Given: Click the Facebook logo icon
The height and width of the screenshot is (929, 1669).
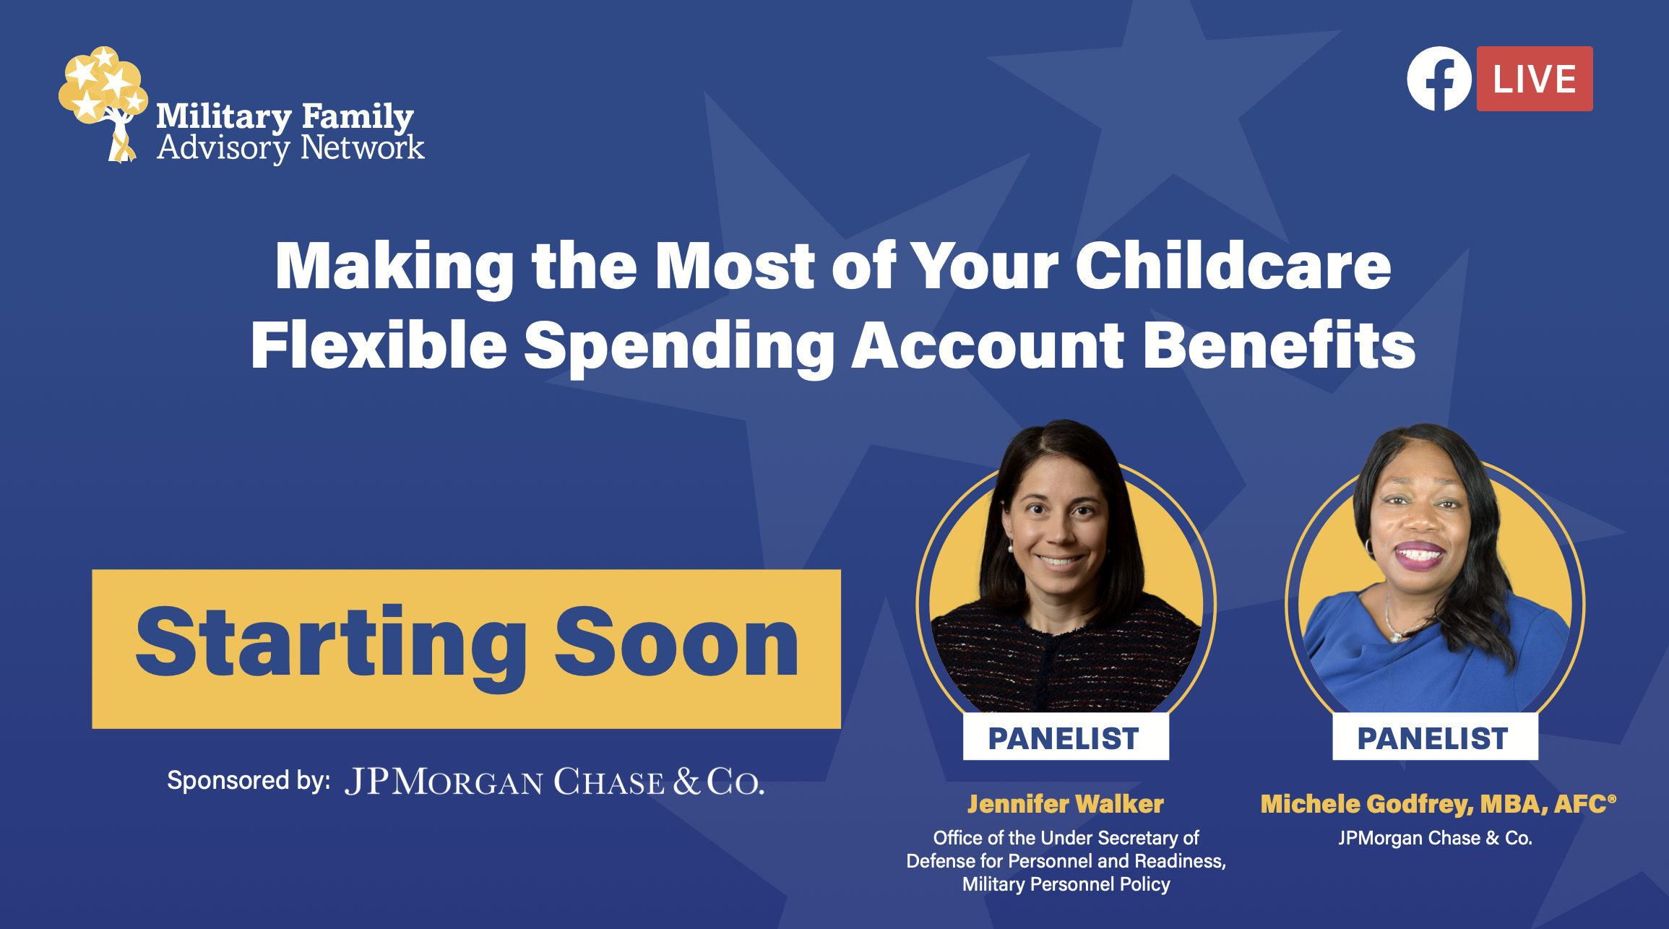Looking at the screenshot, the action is [1439, 79].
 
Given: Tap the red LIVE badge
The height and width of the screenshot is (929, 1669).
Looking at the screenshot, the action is [1535, 79].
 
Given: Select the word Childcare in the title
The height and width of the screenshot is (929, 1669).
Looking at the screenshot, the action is [1233, 266].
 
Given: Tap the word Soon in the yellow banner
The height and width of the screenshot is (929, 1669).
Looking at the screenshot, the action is [676, 642].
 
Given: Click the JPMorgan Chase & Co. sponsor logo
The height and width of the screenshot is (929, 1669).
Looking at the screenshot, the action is [554, 782].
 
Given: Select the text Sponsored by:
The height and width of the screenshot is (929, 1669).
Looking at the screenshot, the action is [249, 781].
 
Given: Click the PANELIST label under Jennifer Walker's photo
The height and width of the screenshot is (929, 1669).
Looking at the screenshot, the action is [1066, 738].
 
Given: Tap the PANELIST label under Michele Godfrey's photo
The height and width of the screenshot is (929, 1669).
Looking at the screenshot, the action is [1435, 738].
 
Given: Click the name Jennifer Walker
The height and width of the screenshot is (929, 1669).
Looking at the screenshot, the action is [1066, 804].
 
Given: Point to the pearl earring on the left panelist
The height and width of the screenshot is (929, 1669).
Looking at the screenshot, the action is [1011, 548].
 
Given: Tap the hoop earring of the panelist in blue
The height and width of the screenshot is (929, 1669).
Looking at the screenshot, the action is [1368, 546].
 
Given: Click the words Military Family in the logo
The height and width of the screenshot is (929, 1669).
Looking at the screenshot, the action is [285, 117].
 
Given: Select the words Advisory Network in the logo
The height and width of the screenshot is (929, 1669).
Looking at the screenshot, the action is [290, 147].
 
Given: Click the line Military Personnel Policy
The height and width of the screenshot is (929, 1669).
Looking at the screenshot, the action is [1066, 884].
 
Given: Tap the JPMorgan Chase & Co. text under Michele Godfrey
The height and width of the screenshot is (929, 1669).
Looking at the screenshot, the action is [1435, 838].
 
